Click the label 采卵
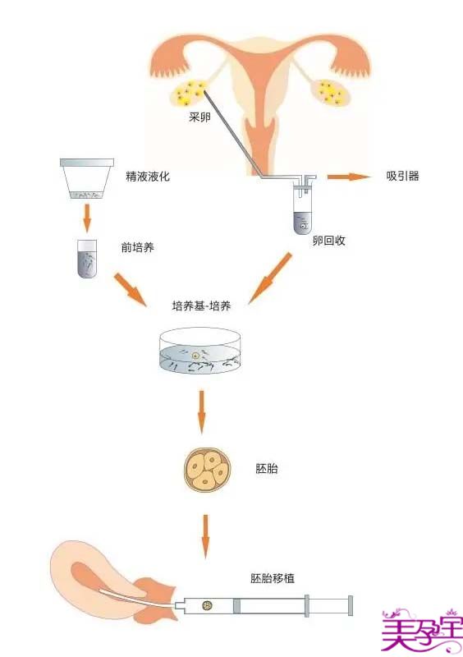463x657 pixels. pyautogui.click(x=199, y=117)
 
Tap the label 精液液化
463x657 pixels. pyautogui.click(x=148, y=176)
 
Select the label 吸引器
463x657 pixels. pyautogui.click(x=403, y=176)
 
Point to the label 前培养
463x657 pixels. pyautogui.click(x=137, y=247)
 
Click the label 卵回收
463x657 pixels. pyautogui.click(x=329, y=241)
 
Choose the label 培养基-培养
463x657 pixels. pyautogui.click(x=202, y=306)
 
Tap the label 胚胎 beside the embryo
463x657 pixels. pyautogui.click(x=267, y=468)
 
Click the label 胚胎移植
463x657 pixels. pyautogui.click(x=273, y=578)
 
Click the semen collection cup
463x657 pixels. pyautogui.click(x=87, y=178)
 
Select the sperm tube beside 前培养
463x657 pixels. pyautogui.click(x=87, y=259)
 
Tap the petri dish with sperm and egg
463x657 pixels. pyautogui.click(x=200, y=351)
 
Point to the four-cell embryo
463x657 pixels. pyautogui.click(x=208, y=469)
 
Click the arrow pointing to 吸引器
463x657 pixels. pyautogui.click(x=350, y=177)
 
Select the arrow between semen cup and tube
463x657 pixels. pyautogui.click(x=87, y=218)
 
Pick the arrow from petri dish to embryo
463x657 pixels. pyautogui.click(x=202, y=412)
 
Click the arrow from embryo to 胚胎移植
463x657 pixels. pyautogui.click(x=205, y=536)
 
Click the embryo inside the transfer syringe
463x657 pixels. pyautogui.click(x=207, y=605)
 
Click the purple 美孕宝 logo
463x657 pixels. pyautogui.click(x=422, y=632)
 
